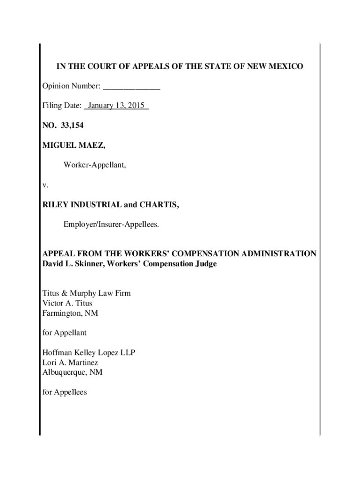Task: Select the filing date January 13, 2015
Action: tap(116, 106)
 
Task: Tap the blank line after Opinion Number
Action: tap(131, 87)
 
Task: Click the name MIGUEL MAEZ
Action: tap(74, 145)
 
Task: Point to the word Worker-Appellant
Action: tap(94, 165)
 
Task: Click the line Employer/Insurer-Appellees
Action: tap(111, 225)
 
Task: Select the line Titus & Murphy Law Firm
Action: tap(86, 293)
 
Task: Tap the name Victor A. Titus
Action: tap(67, 303)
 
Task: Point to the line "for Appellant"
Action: tap(65, 333)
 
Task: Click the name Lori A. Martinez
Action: tap(70, 363)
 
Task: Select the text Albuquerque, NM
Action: tap(72, 373)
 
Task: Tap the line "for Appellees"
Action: tap(65, 392)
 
